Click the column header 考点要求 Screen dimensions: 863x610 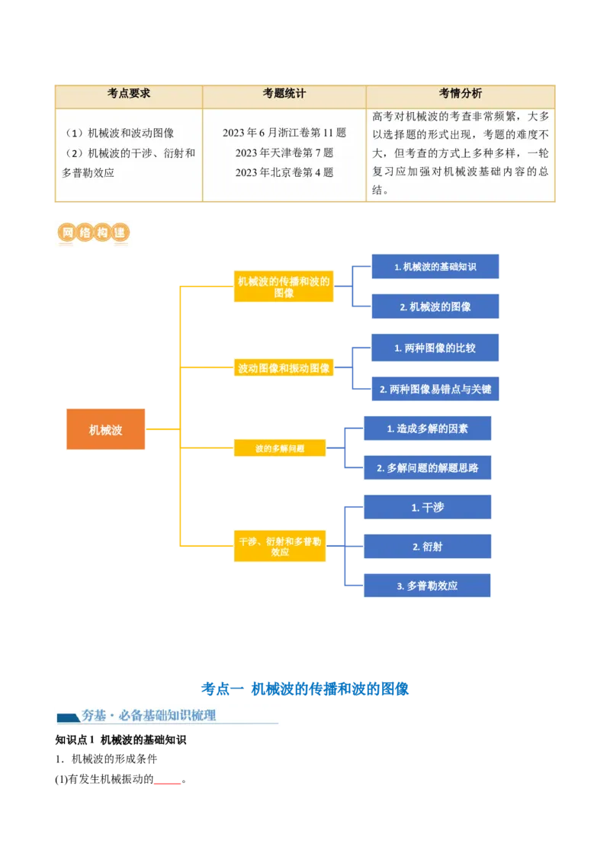129,94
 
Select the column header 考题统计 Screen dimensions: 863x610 284,94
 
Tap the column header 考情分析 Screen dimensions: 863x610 460,94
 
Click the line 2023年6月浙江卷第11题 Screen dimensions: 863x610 284,133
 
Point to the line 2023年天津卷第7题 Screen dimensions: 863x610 284,152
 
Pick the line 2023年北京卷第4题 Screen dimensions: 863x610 284,172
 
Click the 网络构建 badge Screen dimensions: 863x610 91,234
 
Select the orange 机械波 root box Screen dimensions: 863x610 105,430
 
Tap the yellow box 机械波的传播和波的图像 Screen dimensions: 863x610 284,287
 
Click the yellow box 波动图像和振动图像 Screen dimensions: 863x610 284,368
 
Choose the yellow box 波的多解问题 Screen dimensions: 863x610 280,449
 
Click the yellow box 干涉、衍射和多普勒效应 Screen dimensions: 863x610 280,546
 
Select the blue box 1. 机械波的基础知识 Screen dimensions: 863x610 435,267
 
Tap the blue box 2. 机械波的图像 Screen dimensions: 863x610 435,306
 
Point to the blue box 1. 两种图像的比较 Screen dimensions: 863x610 435,348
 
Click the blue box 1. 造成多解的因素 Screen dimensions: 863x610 427,428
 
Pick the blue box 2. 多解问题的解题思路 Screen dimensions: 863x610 427,467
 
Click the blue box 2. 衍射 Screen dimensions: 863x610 427,547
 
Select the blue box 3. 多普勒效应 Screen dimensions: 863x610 427,585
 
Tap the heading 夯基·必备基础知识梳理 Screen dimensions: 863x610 149,716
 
